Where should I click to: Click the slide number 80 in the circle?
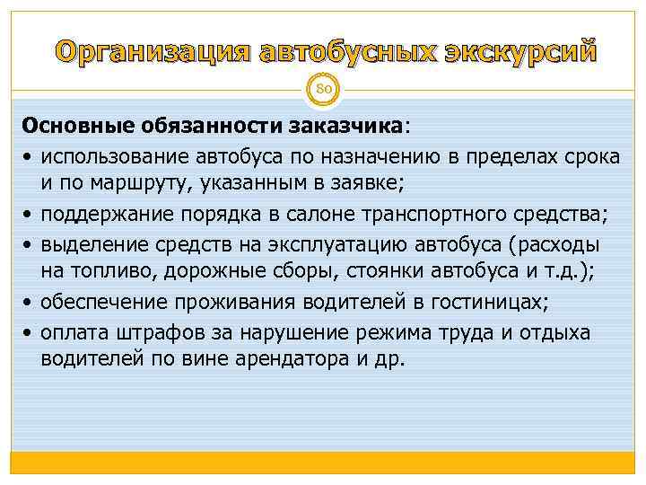323,88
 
